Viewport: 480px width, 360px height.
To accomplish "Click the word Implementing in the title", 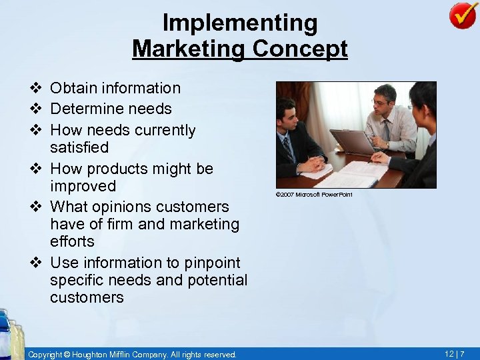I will [240, 23].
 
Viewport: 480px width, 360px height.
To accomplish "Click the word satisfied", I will [79, 147].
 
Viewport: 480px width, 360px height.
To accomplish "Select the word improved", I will [83, 186].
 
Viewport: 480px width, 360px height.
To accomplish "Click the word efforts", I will [72, 241].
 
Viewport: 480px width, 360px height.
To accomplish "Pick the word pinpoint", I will [211, 263].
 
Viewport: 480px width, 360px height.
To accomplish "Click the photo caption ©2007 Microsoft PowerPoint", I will [313, 195].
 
